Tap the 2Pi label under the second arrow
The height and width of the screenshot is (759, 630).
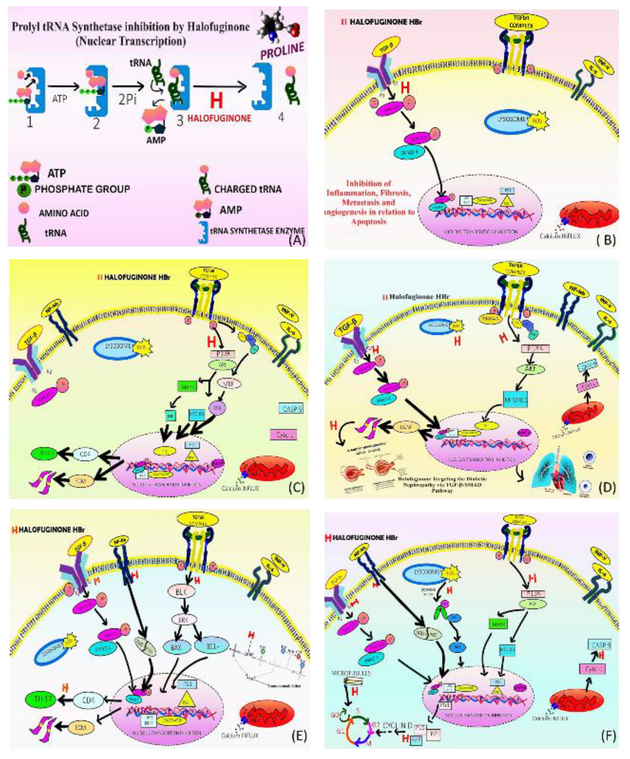point(128,99)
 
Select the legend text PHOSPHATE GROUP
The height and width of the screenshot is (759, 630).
point(82,189)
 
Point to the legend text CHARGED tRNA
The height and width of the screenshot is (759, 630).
point(248,189)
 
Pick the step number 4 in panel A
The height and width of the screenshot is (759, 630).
point(281,117)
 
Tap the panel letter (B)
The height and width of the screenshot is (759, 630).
point(606,239)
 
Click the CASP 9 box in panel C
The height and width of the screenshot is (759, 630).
point(291,409)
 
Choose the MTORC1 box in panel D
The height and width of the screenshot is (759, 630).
point(515,400)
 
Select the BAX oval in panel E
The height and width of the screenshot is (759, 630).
point(176,647)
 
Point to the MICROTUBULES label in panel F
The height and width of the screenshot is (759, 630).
point(347,673)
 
